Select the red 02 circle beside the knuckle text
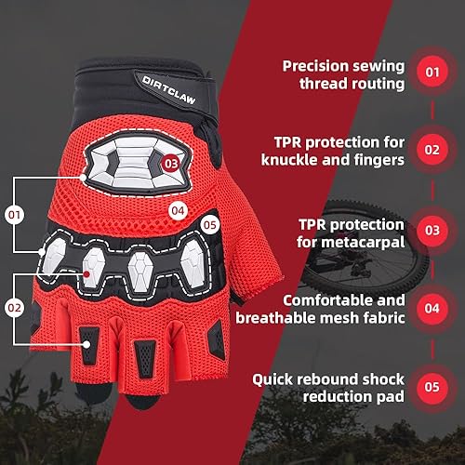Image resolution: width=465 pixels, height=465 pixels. [432, 148]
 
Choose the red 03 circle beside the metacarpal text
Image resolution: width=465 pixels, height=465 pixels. [432, 228]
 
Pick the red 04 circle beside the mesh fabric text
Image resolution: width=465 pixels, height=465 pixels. [432, 305]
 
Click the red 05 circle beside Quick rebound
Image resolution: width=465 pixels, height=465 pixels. [432, 382]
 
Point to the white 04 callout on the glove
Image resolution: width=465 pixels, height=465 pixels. [179, 210]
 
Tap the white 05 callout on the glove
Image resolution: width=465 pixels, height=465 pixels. [209, 223]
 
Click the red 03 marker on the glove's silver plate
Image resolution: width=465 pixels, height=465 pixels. [170, 161]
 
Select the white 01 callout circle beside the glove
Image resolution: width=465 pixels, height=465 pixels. [14, 215]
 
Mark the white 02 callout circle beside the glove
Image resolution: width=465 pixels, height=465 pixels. [14, 305]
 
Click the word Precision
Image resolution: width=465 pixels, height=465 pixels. [314, 65]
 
